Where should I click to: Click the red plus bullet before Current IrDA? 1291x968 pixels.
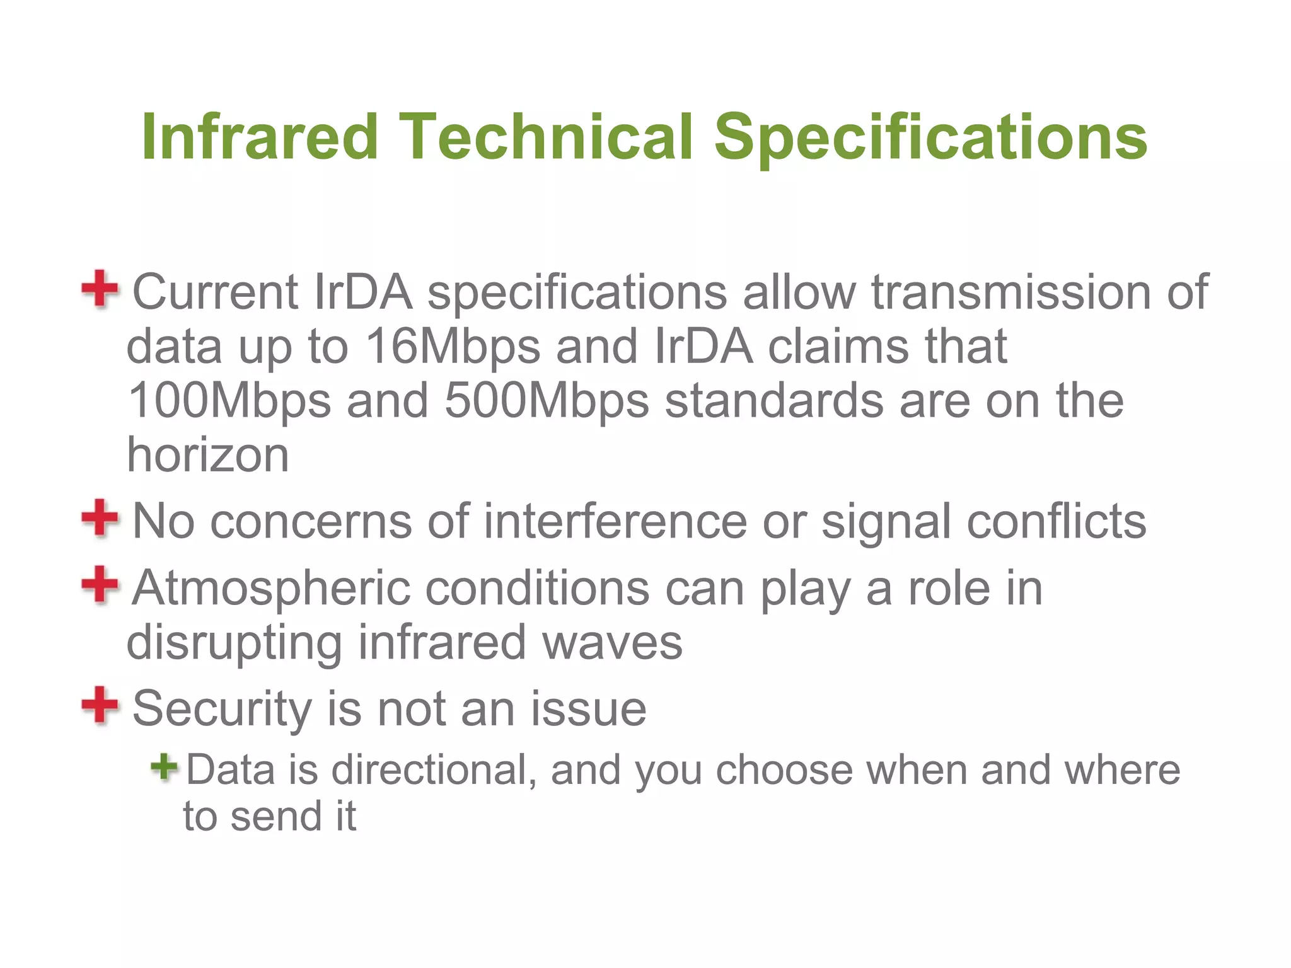click(x=100, y=289)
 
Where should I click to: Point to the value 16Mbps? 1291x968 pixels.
click(x=453, y=347)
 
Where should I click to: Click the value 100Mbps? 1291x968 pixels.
click(x=229, y=401)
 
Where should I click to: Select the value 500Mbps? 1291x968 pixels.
click(x=547, y=401)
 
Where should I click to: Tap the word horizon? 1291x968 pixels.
click(x=208, y=455)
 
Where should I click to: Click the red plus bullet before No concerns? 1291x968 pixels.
click(x=100, y=518)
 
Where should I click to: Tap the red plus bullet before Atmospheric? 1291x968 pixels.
click(x=100, y=584)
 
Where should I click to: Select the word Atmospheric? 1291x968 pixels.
click(x=271, y=589)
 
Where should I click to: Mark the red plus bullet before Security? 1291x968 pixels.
click(x=100, y=705)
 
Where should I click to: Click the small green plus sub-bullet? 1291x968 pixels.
click(x=165, y=767)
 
